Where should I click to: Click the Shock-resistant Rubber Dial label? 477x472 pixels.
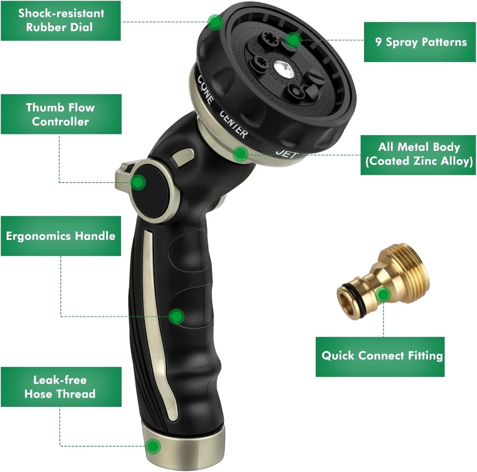point(61,21)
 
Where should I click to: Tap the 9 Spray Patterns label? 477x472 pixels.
point(420,42)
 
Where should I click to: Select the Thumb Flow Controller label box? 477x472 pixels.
point(61,114)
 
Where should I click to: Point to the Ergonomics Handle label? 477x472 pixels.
point(61,236)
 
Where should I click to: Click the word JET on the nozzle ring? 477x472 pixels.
point(287,154)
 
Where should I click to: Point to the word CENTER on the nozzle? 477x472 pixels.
point(233,124)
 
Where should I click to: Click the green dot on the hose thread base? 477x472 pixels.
point(153,446)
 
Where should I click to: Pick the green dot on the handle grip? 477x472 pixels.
point(176,316)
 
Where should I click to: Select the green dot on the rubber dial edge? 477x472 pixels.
point(215,22)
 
